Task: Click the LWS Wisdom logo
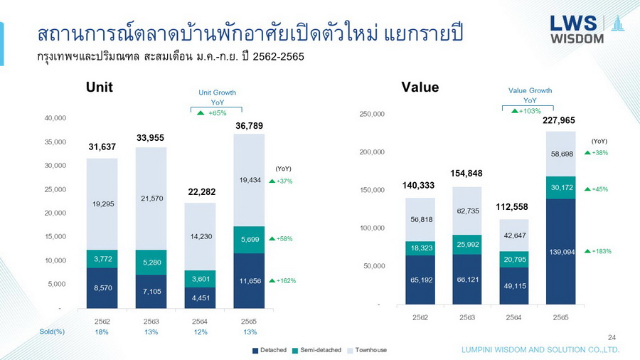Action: [x=585, y=28]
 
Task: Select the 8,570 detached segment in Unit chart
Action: [x=102, y=287]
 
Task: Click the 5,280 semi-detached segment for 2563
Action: [x=151, y=262]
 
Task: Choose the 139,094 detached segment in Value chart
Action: [x=561, y=251]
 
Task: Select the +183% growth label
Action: [x=598, y=251]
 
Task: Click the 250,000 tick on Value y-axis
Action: [x=372, y=114]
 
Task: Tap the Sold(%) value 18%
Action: [x=102, y=332]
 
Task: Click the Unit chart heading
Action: [x=100, y=88]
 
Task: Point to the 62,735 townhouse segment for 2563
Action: [x=466, y=211]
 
